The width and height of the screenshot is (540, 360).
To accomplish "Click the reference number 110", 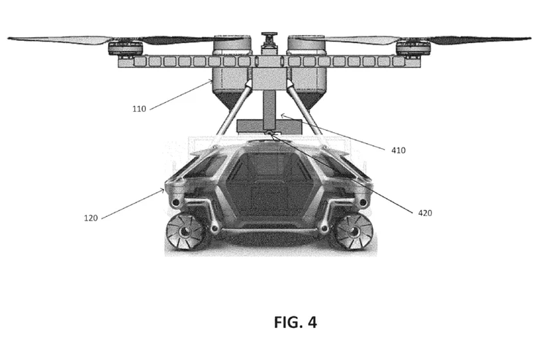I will (139, 109).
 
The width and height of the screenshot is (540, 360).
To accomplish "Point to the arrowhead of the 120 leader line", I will (162, 191).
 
